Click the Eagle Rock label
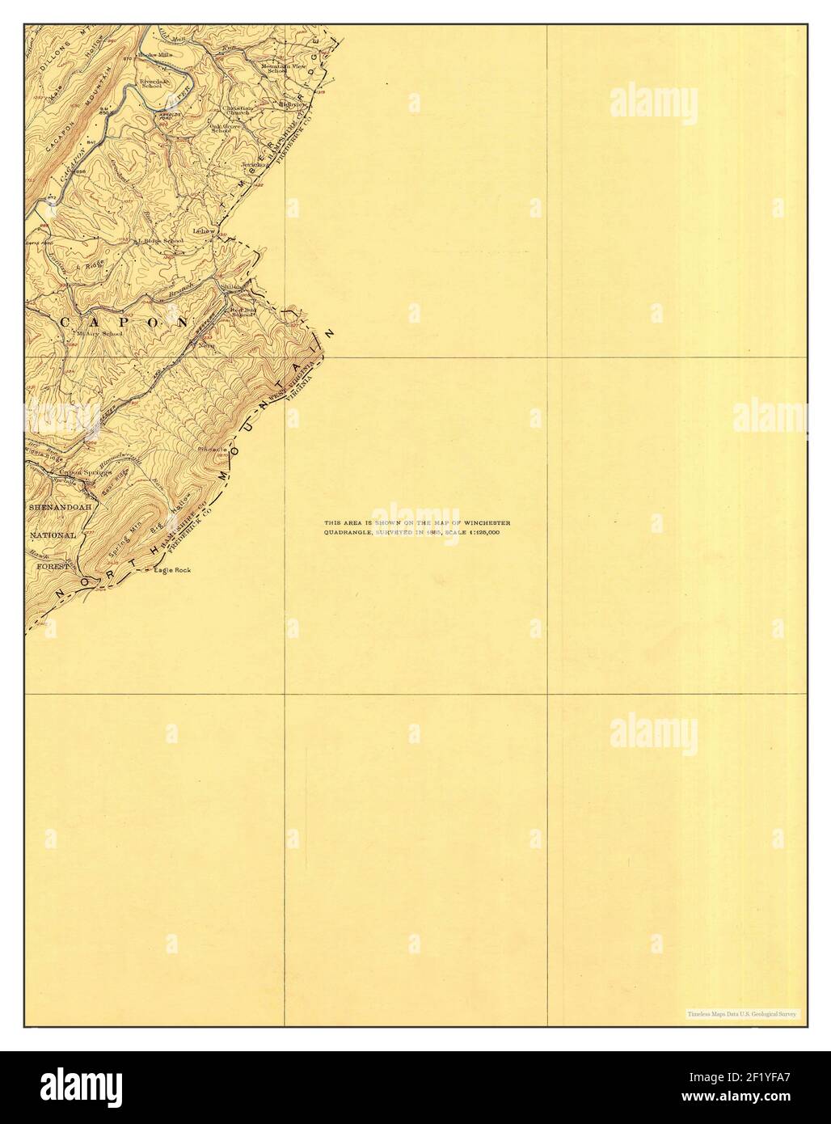(173, 572)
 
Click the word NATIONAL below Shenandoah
(53, 535)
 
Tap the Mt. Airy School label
(99, 333)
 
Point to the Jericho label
(254, 165)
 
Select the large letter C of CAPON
(64, 322)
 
